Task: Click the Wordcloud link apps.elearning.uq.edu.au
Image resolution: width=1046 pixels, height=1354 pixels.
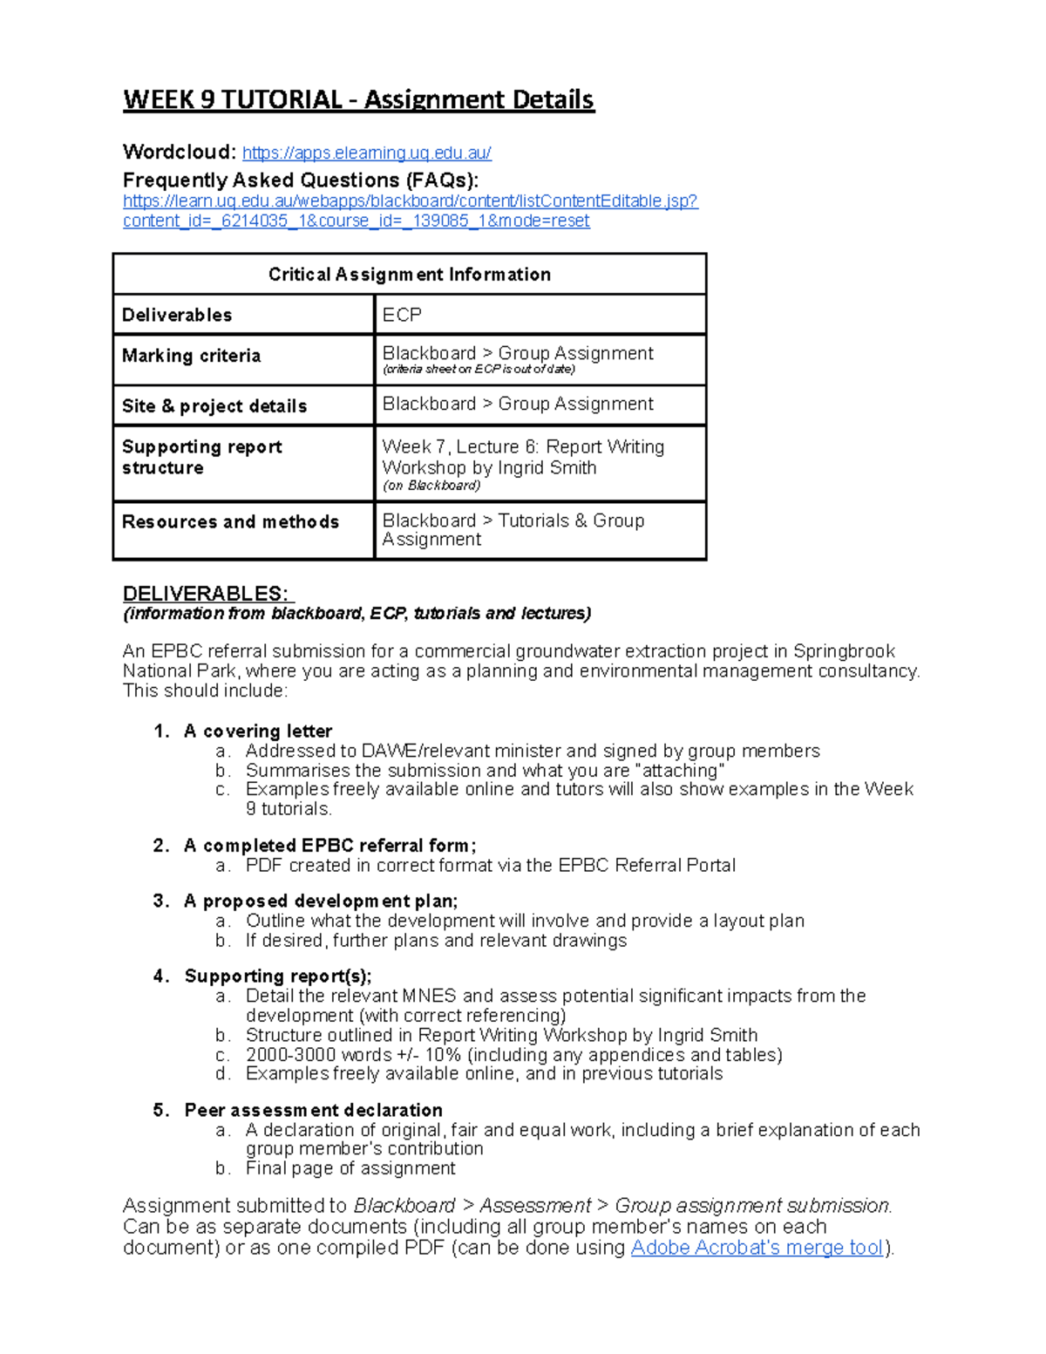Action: click(366, 153)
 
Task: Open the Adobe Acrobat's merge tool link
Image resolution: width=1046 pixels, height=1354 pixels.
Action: click(757, 1248)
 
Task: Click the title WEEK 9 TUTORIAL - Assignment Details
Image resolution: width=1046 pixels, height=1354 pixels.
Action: click(358, 100)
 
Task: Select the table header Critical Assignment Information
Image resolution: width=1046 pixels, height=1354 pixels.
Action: click(409, 275)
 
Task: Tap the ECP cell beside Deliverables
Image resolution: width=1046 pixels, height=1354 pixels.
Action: click(402, 315)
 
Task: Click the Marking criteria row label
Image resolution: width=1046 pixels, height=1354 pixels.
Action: click(191, 356)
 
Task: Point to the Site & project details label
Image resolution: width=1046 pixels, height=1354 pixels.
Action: click(214, 406)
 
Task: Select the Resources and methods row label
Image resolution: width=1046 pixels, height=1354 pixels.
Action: click(230, 522)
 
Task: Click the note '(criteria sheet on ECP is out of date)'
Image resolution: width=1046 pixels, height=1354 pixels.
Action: click(479, 370)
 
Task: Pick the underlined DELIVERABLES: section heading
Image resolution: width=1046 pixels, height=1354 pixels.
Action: click(207, 594)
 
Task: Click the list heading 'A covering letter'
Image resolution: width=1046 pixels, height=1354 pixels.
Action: click(258, 731)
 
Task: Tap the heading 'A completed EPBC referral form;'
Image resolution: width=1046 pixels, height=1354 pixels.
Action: click(330, 846)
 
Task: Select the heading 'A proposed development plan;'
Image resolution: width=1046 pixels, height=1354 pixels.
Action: click(321, 902)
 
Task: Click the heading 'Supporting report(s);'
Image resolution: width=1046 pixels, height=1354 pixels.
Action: click(278, 976)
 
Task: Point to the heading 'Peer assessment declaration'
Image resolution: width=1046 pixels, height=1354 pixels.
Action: click(313, 1111)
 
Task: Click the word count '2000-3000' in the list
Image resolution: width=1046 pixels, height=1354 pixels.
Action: click(289, 1055)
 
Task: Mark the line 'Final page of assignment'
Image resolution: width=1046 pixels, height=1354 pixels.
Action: click(350, 1168)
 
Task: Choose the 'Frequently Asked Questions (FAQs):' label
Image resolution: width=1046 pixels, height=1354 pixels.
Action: click(301, 180)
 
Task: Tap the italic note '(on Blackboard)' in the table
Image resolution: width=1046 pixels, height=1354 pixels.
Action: click(431, 486)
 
